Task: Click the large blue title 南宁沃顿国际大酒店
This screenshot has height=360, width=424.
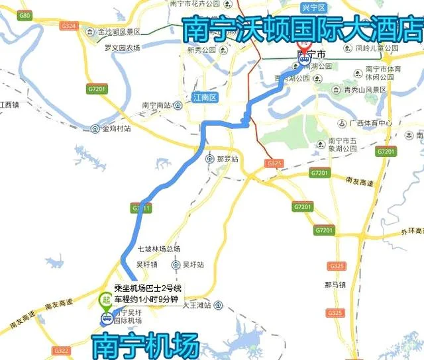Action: [303, 29]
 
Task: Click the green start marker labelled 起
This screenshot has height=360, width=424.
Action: [105, 300]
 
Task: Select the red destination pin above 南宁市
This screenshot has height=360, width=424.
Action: [304, 48]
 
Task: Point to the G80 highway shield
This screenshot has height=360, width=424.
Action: [26, 15]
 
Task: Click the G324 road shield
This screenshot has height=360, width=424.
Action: [68, 26]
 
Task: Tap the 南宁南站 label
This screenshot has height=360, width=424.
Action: [156, 105]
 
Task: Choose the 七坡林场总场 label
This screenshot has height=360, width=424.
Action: [159, 249]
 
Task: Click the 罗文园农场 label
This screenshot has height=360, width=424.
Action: [122, 48]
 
